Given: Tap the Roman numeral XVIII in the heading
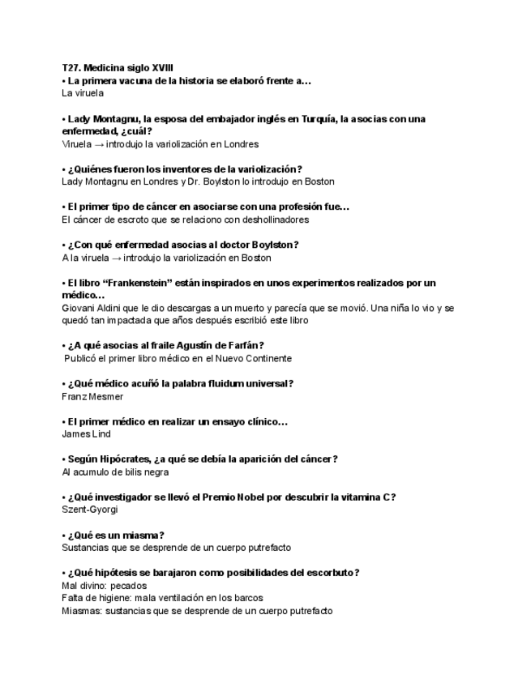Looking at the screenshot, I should (x=161, y=68).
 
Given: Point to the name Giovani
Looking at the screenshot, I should (x=79, y=308).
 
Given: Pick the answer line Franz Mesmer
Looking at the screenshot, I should (x=92, y=397).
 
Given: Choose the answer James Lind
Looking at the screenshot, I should (x=86, y=434).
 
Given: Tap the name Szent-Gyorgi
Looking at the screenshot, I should (x=90, y=510).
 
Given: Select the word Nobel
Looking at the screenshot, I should (x=273, y=497).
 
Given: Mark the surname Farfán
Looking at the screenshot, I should (x=246, y=346).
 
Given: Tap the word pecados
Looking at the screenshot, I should (x=129, y=585).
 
